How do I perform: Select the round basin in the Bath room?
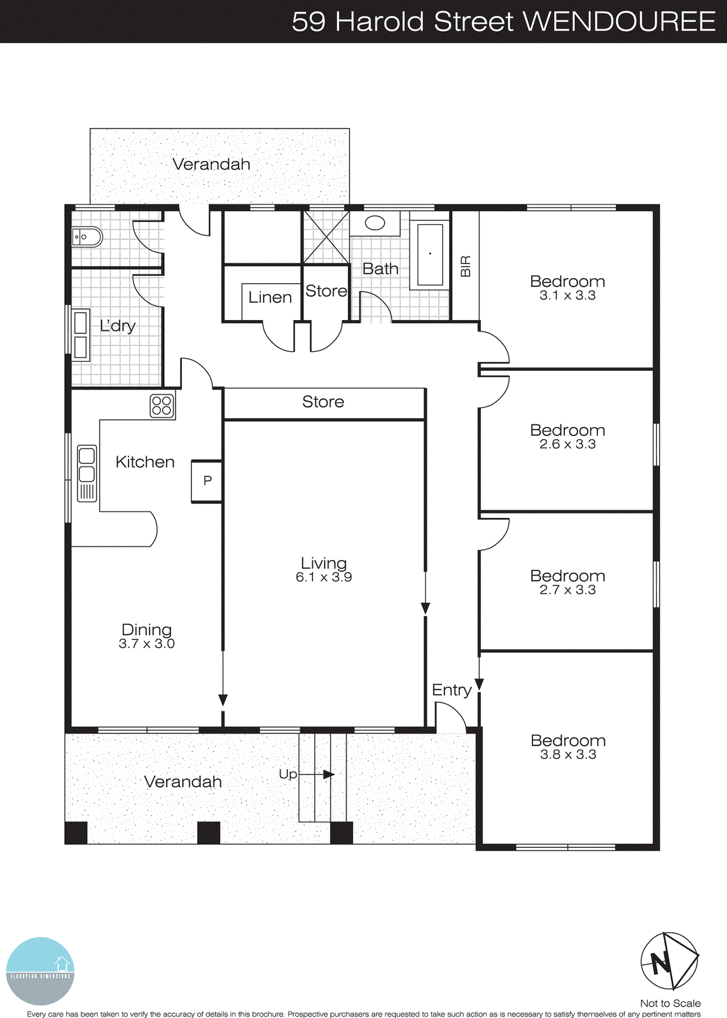[x=375, y=223]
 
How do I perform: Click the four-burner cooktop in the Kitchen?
[x=162, y=405]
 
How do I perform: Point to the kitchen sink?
[x=87, y=473]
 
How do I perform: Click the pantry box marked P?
[x=207, y=481]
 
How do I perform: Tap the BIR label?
[x=466, y=266]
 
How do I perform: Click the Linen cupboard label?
[x=270, y=297]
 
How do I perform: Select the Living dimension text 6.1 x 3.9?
[x=324, y=578]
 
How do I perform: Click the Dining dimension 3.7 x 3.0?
[x=146, y=644]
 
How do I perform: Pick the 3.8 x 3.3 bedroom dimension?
[x=568, y=755]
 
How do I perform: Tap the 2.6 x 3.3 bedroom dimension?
[x=567, y=445]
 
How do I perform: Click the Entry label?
[x=452, y=690]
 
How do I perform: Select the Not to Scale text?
[x=670, y=1003]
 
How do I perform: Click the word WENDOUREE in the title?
[x=619, y=22]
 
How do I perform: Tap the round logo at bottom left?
[x=40, y=971]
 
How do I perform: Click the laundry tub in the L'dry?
[x=81, y=335]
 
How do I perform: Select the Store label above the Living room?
[x=323, y=402]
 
